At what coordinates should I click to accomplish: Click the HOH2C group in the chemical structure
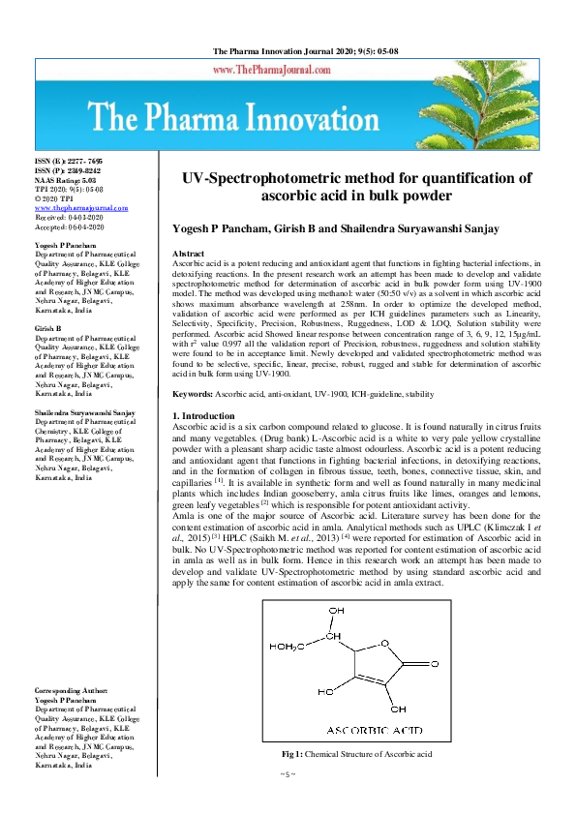coord(299,647)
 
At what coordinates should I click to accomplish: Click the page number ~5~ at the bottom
coord(288,775)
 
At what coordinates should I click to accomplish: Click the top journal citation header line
coord(287,50)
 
